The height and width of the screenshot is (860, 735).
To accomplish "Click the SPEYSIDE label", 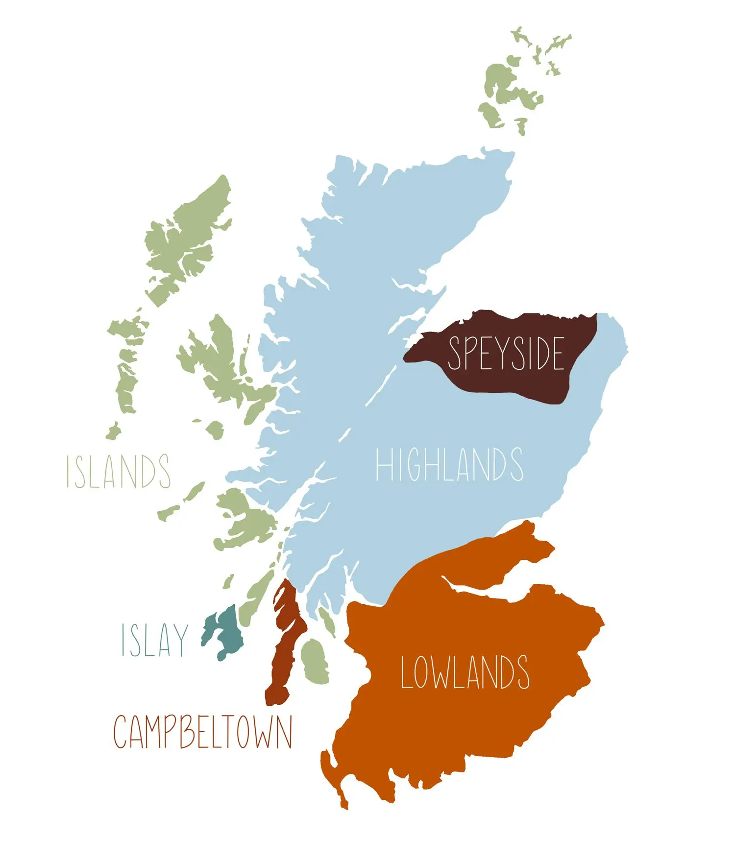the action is pyautogui.click(x=506, y=353).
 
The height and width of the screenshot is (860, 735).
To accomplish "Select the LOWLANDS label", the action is pyautogui.click(x=465, y=672).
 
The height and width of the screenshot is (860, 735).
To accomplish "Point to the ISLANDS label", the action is pyautogui.click(x=119, y=471).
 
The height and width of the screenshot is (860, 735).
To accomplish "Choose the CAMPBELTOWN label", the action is pyautogui.click(x=203, y=732).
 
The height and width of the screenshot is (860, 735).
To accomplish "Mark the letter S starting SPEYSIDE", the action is pyautogui.click(x=455, y=353).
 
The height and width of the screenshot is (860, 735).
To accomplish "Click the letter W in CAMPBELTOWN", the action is pyautogui.click(x=265, y=732).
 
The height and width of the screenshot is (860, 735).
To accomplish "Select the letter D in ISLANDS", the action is pyautogui.click(x=147, y=471).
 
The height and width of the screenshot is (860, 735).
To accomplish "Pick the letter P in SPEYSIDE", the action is pyautogui.click(x=471, y=353).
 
